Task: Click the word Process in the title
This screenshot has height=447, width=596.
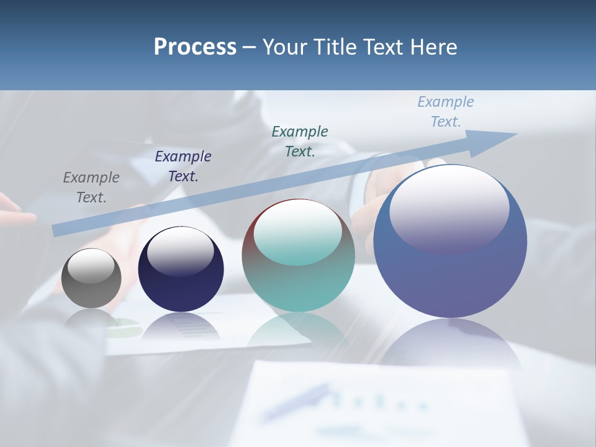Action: pos(195,47)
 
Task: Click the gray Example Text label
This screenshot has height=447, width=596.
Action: pos(91,187)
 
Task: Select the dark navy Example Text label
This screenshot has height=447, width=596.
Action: pos(183,166)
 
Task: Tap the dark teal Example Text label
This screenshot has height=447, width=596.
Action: pos(300,141)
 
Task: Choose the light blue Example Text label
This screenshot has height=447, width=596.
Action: pos(446,111)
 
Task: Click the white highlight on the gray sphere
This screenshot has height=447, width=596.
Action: pos(91,266)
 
